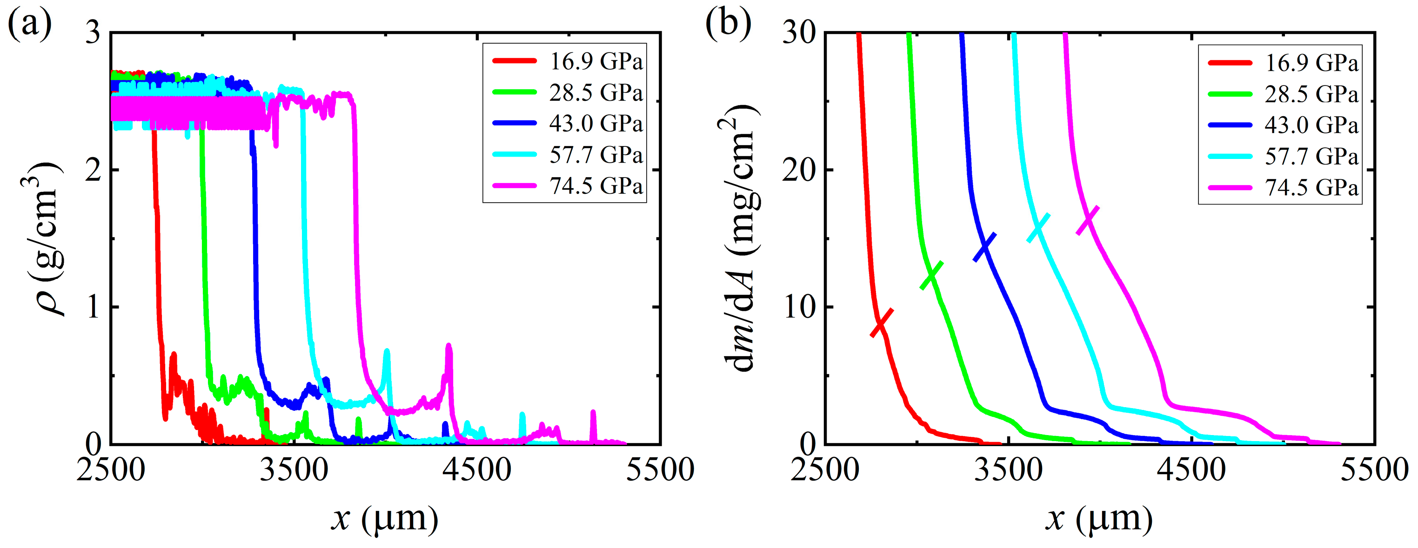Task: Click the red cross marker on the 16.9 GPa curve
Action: (881, 323)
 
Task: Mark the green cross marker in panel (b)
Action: (931, 275)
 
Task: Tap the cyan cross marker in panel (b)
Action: (1038, 228)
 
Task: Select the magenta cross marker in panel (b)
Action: (1088, 221)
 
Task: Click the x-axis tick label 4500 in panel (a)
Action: (477, 471)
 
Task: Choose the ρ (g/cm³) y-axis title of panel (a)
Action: (47, 239)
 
